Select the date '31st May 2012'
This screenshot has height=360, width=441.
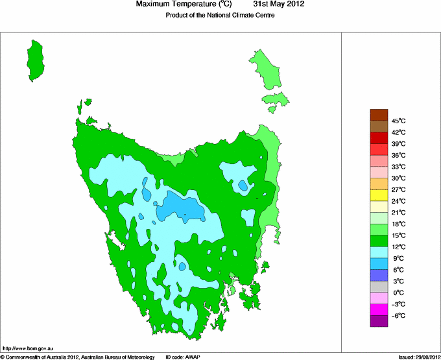[278, 5]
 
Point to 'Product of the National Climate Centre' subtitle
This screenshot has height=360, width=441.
[220, 16]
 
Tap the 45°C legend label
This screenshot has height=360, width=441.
[398, 121]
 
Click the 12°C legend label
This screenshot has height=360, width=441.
[398, 247]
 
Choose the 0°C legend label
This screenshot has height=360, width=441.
[398, 293]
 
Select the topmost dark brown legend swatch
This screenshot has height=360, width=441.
[379, 115]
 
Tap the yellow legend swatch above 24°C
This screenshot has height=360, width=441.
[379, 195]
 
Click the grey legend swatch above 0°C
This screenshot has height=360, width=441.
[379, 287]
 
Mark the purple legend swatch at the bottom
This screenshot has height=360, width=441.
[379, 320]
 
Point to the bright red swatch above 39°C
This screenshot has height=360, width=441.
[379, 138]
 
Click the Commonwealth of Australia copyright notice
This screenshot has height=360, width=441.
[78, 357]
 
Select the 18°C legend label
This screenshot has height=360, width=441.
[398, 224]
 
